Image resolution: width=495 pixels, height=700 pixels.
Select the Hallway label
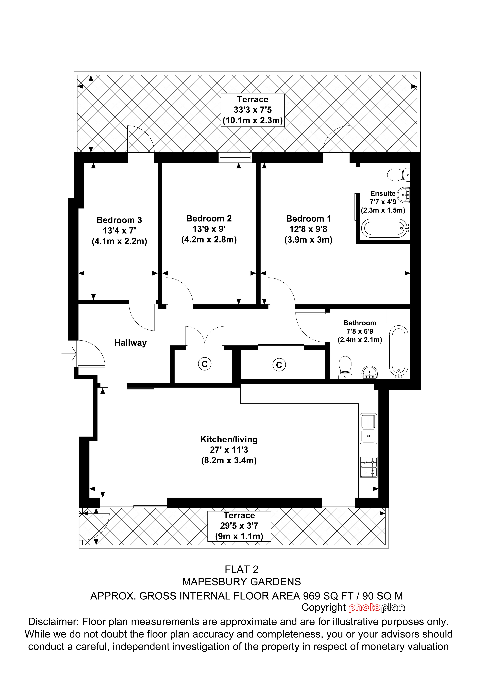[x=131, y=343]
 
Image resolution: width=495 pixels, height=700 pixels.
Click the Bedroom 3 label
[x=119, y=220]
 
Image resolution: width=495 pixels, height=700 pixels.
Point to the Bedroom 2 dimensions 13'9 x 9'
[x=209, y=229]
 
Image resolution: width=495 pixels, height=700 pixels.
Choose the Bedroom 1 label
[x=308, y=219]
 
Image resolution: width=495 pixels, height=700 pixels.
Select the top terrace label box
[x=253, y=110]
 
